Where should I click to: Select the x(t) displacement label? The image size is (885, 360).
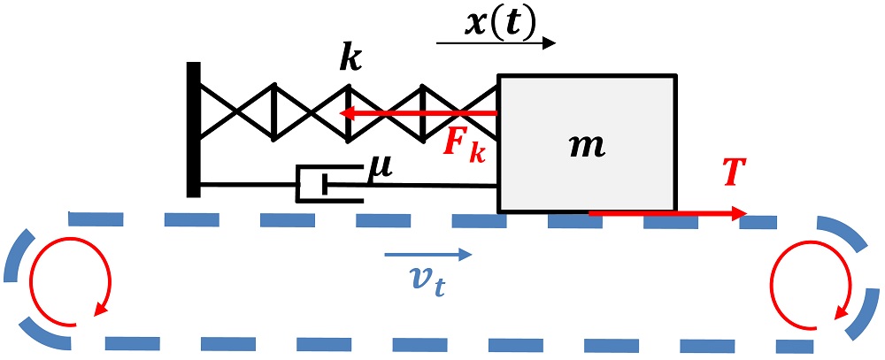tap(499, 24)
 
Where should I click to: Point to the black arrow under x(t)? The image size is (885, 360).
tap(496, 43)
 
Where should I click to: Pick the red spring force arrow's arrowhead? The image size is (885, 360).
tap(347, 113)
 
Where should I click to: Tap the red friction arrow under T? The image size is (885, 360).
tap(667, 212)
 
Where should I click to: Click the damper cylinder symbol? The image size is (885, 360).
tap(329, 184)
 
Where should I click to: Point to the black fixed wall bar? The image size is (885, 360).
tap(193, 130)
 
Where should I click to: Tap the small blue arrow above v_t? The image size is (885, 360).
tap(427, 255)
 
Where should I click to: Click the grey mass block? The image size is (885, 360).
tap(587, 143)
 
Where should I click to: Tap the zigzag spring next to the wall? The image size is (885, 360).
tap(348, 113)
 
